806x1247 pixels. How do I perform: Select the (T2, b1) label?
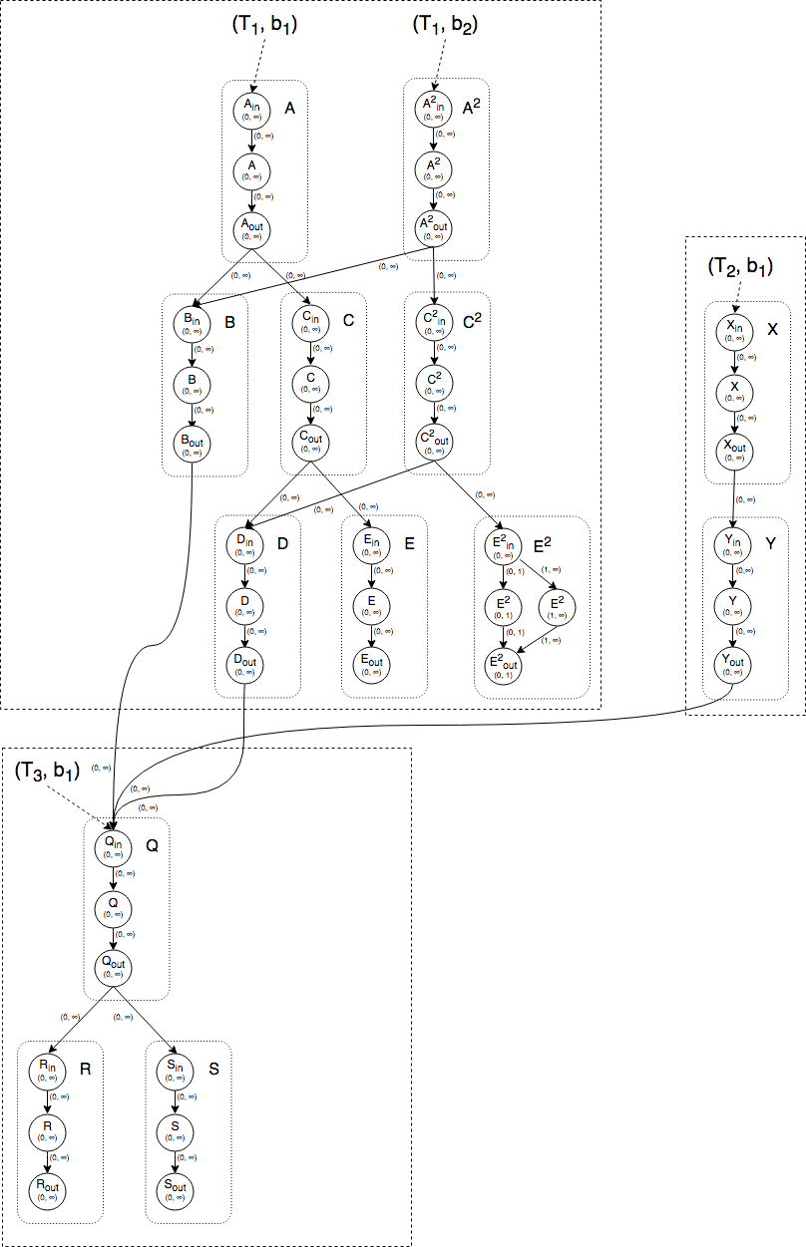coord(739,266)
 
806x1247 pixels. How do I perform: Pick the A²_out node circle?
coord(435,228)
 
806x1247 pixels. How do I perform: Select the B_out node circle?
coord(192,442)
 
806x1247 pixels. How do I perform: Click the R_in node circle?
coord(48,1071)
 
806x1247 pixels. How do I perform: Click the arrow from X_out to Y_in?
coord(734,498)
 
